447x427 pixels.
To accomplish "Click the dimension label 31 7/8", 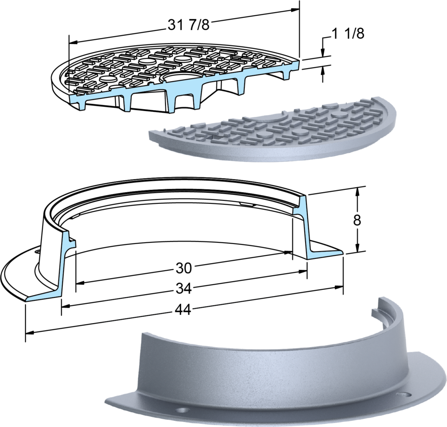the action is (x=188, y=25).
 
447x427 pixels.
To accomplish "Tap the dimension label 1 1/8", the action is (x=348, y=34).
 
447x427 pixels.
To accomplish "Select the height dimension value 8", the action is (x=357, y=220).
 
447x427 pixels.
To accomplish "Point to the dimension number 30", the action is (x=184, y=268).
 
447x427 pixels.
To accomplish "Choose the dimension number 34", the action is (x=183, y=289).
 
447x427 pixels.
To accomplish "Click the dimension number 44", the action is (x=183, y=310).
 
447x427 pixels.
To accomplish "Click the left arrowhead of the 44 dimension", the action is (x=30, y=332).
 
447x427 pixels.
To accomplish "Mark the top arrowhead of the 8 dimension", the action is (x=357, y=191).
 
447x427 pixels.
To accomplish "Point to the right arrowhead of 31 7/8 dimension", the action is (x=295, y=10).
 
